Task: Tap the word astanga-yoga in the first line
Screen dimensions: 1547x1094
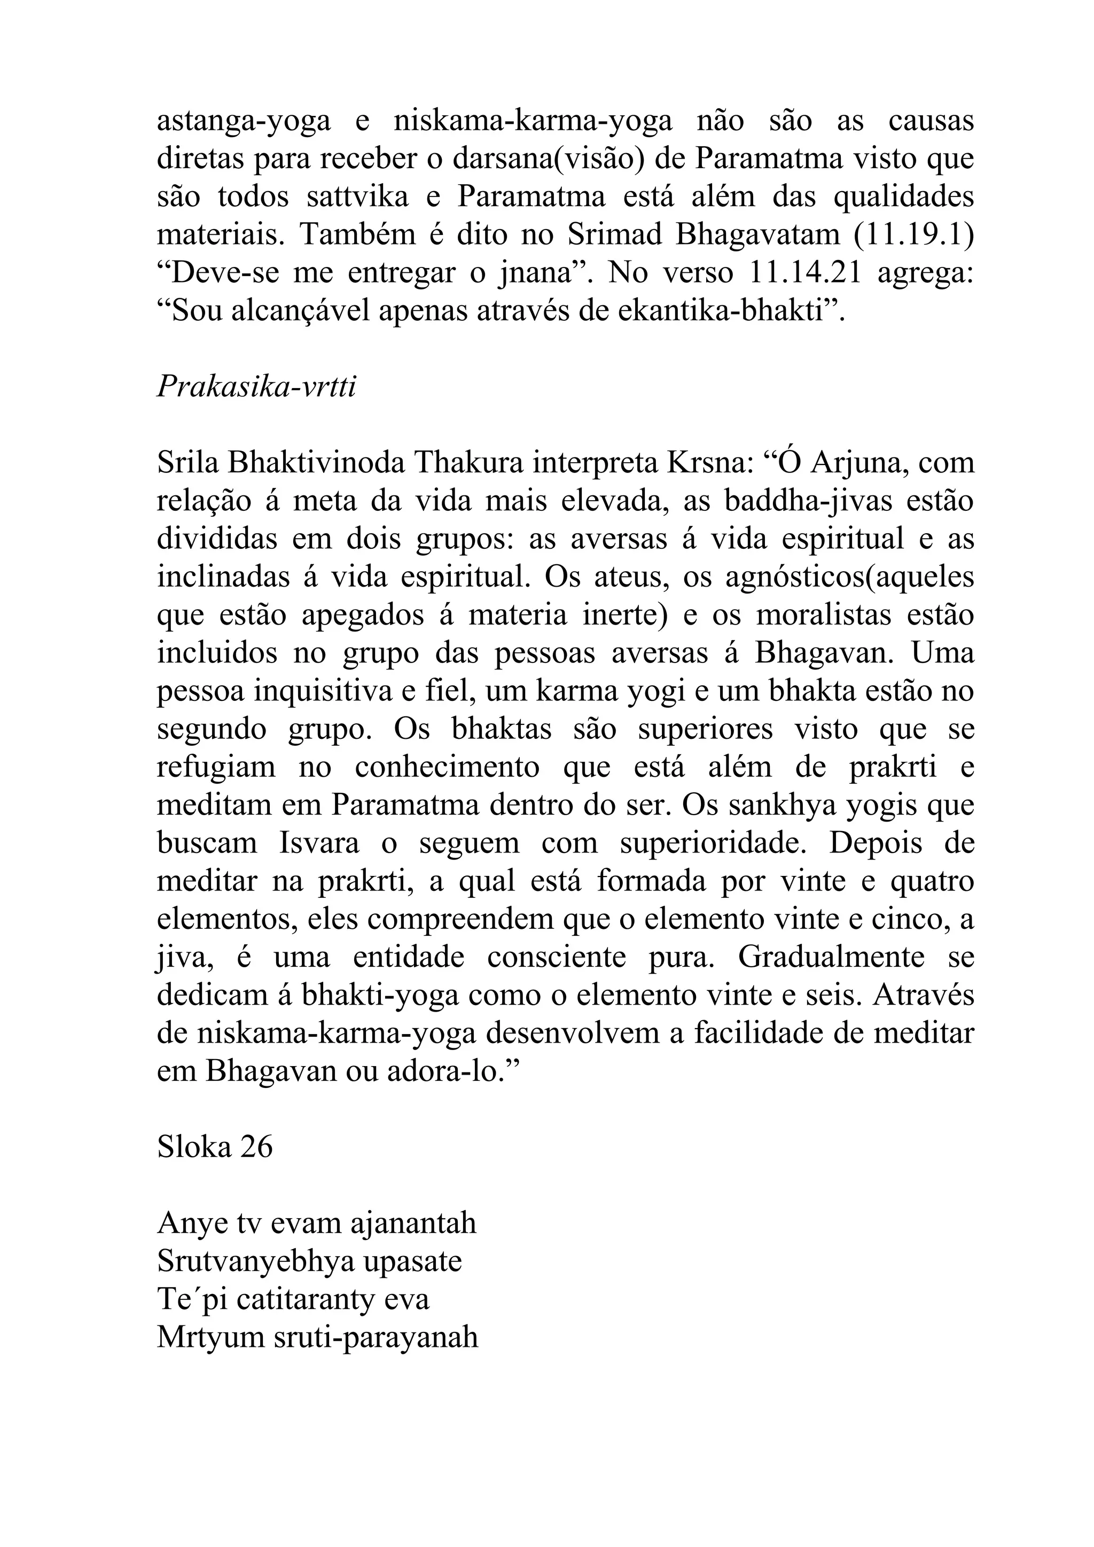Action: click(x=244, y=122)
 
